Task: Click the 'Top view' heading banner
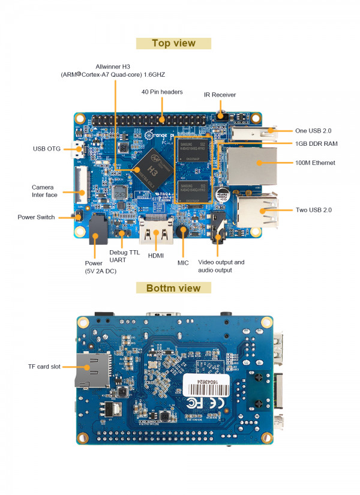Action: pyautogui.click(x=173, y=43)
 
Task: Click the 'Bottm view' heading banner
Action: pyautogui.click(x=173, y=288)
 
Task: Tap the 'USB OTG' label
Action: pyautogui.click(x=46, y=148)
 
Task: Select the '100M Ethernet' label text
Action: pyautogui.click(x=315, y=163)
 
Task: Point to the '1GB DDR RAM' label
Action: pyautogui.click(x=316, y=144)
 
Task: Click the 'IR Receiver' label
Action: pyautogui.click(x=220, y=95)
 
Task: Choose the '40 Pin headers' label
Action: pyautogui.click(x=162, y=92)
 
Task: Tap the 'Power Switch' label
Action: pyautogui.click(x=36, y=217)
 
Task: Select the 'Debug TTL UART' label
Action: pyautogui.click(x=124, y=257)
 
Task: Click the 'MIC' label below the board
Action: pyautogui.click(x=183, y=263)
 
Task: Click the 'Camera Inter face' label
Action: pyautogui.click(x=44, y=191)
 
